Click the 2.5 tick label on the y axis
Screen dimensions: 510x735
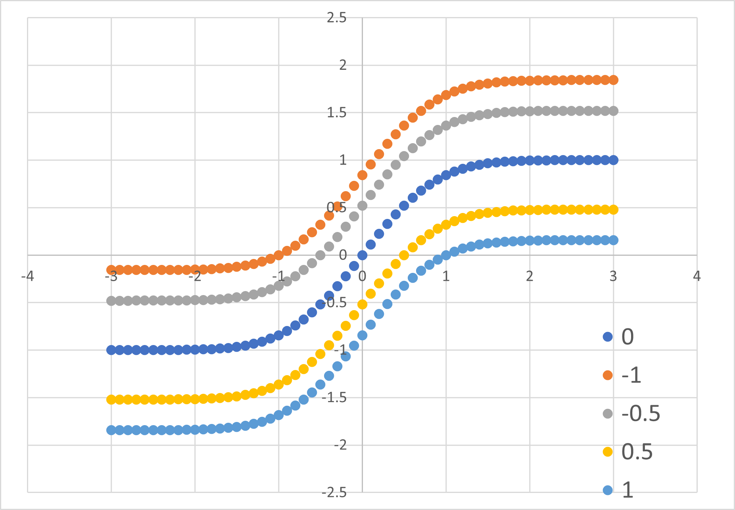coord(336,18)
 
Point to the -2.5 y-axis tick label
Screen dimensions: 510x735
coord(334,493)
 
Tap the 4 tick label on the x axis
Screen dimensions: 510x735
coord(697,276)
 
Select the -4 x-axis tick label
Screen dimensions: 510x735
coord(27,276)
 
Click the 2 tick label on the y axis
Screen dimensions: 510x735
coord(343,65)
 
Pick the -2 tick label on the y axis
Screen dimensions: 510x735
coord(340,445)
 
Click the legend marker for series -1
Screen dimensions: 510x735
coord(607,375)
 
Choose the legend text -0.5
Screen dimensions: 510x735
coord(641,413)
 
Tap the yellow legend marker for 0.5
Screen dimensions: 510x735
coord(607,452)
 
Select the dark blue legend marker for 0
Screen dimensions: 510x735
coord(607,337)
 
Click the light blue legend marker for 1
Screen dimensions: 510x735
coord(607,490)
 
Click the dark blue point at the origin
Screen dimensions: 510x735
coord(362,255)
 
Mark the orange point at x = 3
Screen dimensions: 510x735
coord(613,80)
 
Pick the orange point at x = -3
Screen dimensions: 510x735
coord(111,270)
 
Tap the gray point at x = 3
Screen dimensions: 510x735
coord(613,111)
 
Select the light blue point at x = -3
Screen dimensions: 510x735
coord(111,430)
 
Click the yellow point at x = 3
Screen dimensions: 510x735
coord(613,210)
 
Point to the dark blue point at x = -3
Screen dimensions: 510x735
coord(111,350)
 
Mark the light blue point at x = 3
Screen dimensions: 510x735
coord(613,240)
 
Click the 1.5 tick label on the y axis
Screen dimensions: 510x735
coord(336,113)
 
